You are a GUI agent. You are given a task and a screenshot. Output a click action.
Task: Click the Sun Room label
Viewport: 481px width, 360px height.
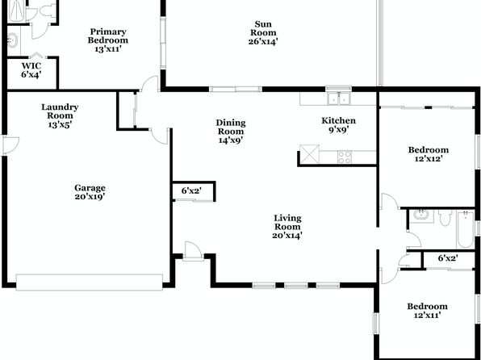pyautogui.click(x=263, y=28)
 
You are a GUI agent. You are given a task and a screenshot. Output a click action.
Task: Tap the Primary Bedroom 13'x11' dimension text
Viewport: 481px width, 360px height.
pyautogui.click(x=108, y=49)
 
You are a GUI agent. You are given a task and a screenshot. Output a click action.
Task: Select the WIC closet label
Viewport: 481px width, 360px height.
pyautogui.click(x=31, y=66)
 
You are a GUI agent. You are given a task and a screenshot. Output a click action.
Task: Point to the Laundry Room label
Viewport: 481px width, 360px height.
pyautogui.click(x=60, y=111)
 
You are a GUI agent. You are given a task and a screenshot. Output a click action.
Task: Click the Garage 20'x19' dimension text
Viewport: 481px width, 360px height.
pyautogui.click(x=90, y=197)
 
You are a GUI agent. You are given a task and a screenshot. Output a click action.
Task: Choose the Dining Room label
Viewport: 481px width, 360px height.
pyautogui.click(x=231, y=127)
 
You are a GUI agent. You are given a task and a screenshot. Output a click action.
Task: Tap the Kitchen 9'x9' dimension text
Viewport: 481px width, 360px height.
pyautogui.click(x=339, y=130)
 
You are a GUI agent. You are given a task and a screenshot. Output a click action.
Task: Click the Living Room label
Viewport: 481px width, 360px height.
pyautogui.click(x=287, y=223)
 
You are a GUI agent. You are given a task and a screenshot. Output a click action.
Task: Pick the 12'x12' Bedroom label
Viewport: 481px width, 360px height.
pyautogui.click(x=429, y=150)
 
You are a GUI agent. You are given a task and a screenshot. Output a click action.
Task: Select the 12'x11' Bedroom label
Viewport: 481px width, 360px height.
pyautogui.click(x=427, y=306)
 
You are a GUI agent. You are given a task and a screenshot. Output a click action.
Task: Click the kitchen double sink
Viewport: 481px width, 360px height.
pyautogui.click(x=339, y=98)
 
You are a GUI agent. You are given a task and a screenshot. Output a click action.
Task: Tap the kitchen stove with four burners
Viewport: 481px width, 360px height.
pyautogui.click(x=345, y=157)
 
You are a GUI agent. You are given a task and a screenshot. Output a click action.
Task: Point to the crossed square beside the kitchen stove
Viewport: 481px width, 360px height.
pyautogui.click(x=309, y=154)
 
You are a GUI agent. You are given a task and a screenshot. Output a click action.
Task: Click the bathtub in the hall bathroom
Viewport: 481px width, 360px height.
pyautogui.click(x=466, y=229)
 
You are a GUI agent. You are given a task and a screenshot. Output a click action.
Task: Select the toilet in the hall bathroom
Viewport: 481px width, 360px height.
pyautogui.click(x=445, y=218)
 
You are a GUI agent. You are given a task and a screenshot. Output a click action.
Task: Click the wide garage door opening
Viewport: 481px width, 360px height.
pyautogui.click(x=90, y=282)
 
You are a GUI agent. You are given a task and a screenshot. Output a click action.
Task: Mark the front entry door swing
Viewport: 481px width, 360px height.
pyautogui.click(x=193, y=251)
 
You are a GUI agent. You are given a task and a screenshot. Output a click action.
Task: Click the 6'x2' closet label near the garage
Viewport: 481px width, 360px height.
pyautogui.click(x=191, y=190)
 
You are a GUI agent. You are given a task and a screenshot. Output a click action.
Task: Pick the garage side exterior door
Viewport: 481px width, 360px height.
pyautogui.click(x=10, y=145)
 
